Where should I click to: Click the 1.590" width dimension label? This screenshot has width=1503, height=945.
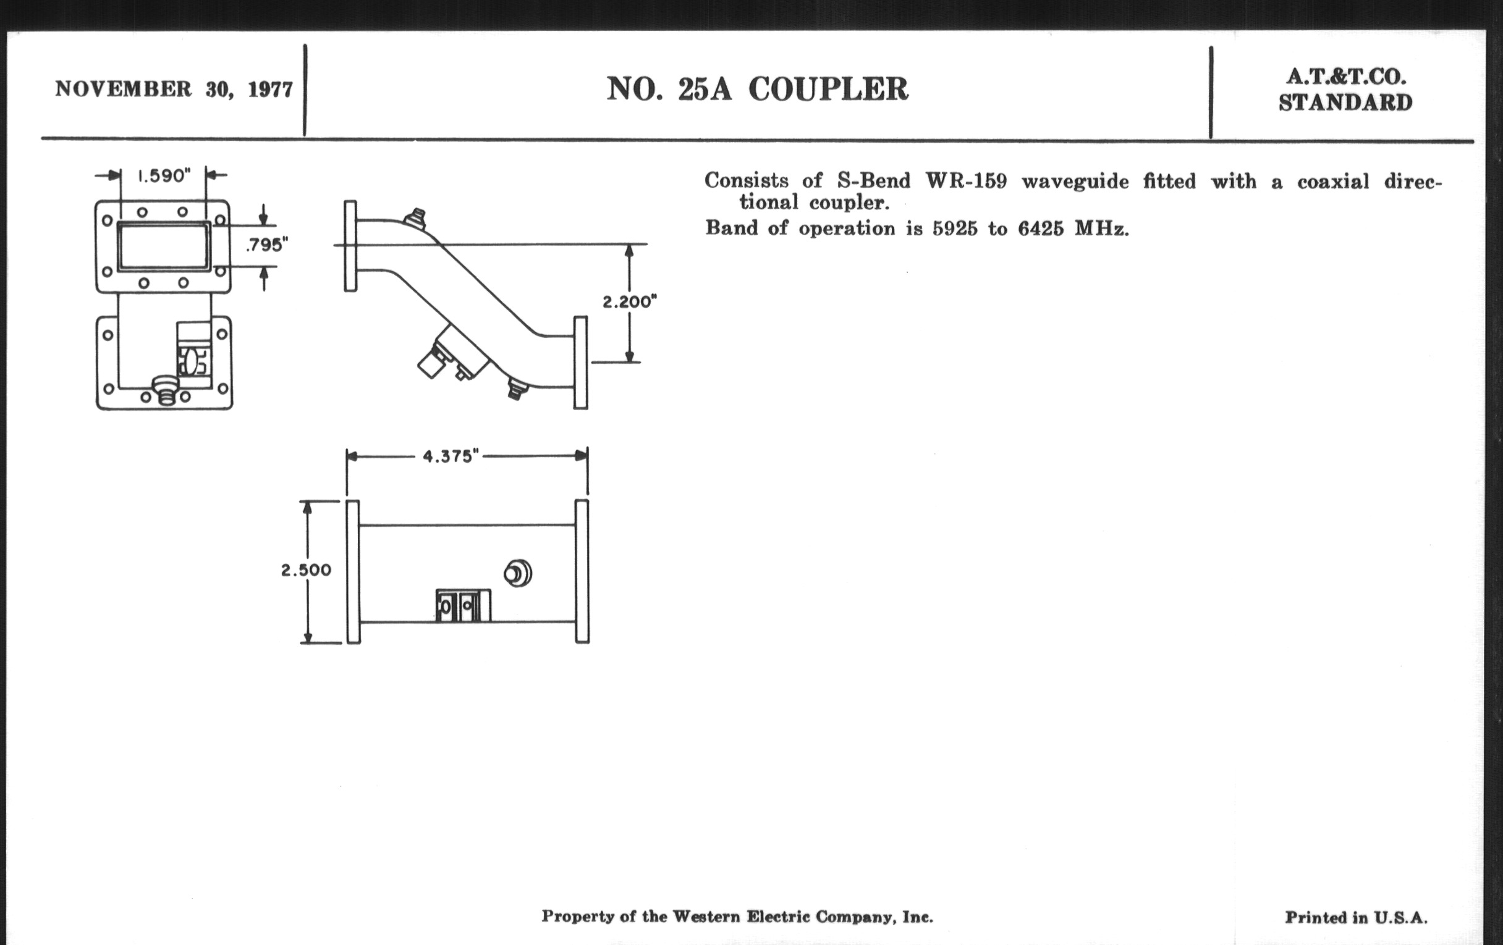click(164, 176)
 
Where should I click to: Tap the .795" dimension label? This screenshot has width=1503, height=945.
click(267, 245)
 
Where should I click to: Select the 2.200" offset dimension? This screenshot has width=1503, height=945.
click(629, 303)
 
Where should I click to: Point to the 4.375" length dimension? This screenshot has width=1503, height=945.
click(451, 456)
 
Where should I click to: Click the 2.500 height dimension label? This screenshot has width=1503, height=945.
click(306, 570)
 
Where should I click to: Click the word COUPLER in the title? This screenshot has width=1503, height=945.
click(828, 89)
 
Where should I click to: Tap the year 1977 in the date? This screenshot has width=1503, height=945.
click(270, 90)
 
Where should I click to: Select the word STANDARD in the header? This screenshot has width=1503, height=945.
click(1345, 103)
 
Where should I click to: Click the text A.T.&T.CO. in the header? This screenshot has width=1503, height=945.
click(1345, 77)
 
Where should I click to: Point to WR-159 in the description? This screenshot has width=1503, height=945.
click(965, 182)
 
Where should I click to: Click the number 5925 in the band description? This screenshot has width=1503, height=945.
click(955, 229)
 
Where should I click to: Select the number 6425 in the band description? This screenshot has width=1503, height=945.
click(1041, 229)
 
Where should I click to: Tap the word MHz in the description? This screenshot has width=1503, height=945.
click(1101, 229)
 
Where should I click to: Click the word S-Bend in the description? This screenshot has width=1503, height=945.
click(873, 182)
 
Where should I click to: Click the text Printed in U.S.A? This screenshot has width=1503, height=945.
click(1356, 918)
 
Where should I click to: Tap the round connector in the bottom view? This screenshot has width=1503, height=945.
click(517, 573)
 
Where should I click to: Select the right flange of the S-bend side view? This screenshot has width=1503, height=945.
click(580, 363)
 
